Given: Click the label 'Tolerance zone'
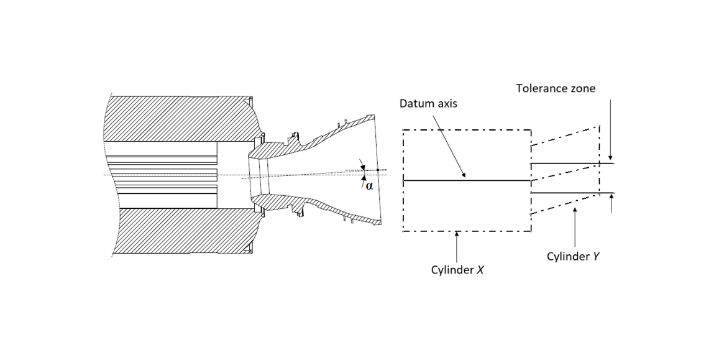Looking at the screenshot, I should click(x=555, y=88).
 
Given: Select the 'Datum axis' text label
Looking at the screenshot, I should click(x=428, y=104).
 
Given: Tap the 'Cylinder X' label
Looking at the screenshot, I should click(x=457, y=271).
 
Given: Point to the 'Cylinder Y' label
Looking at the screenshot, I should click(x=573, y=256).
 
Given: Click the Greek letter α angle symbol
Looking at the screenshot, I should click(x=369, y=185).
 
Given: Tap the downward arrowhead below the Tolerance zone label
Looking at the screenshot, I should click(x=611, y=160).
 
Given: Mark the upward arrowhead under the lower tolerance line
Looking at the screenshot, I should click(x=611, y=196).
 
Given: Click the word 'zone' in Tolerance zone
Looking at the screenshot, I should click(x=583, y=88).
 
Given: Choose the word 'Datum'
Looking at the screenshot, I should click(x=415, y=104).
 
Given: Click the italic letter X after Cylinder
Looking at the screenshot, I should click(x=480, y=271).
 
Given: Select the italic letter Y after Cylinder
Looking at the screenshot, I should click(x=596, y=256).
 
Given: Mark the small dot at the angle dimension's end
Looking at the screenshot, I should click(x=378, y=170).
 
